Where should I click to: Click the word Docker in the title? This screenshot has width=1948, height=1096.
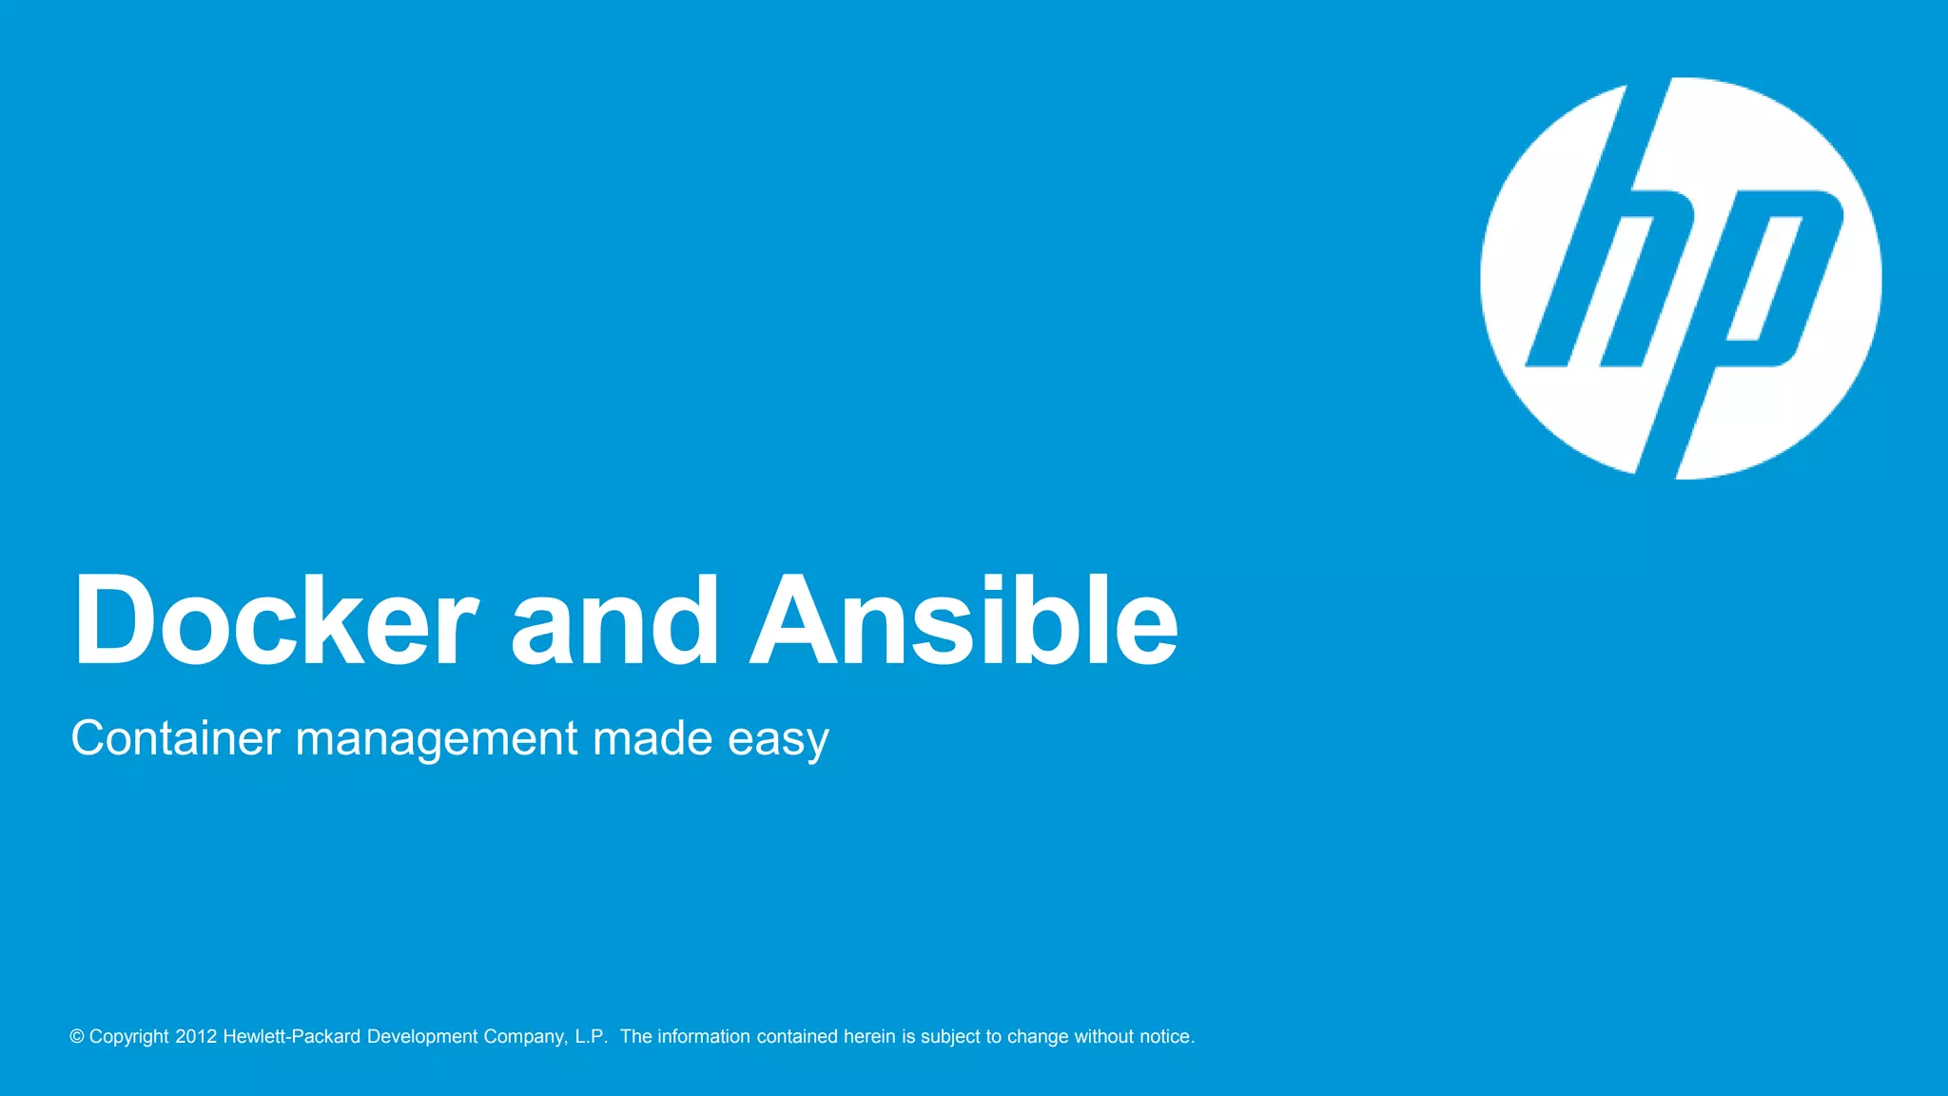275,621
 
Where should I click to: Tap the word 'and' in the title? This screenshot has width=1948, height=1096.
614,621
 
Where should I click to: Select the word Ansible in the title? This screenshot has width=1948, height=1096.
964,621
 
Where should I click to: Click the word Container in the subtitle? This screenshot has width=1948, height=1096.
176,738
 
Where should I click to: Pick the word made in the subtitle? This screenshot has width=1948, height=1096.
653,738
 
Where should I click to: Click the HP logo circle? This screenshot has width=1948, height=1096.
1681,278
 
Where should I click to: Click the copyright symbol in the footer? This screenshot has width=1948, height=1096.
77,1037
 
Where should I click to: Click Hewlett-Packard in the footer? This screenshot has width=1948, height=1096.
292,1037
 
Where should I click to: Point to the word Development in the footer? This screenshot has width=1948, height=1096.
422,1037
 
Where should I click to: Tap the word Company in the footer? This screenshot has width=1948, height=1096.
525,1037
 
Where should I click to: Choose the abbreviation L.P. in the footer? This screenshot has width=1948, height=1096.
591,1037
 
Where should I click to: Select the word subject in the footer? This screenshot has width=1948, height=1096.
950,1037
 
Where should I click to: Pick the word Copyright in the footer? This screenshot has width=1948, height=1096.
129,1037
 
